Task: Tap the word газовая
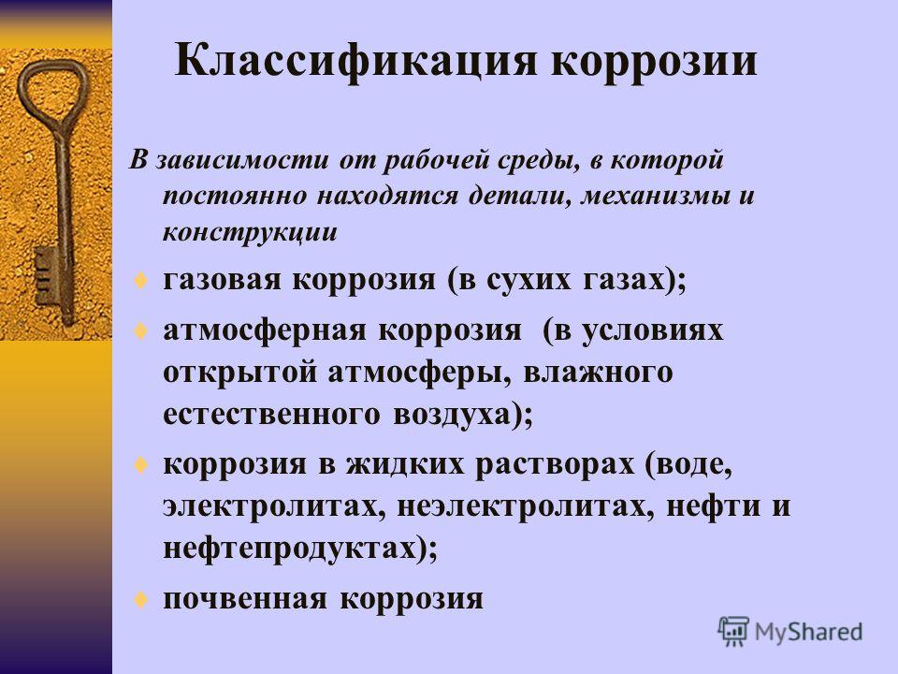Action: pos(223,280)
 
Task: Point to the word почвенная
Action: pos(245,599)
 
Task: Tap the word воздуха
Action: pos(451,416)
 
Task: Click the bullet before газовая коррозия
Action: pos(141,281)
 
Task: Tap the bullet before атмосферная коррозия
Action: pos(141,331)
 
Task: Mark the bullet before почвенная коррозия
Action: pos(141,599)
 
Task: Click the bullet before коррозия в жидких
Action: pos(141,465)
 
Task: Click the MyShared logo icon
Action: pos(733,631)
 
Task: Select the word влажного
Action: pos(598,374)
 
